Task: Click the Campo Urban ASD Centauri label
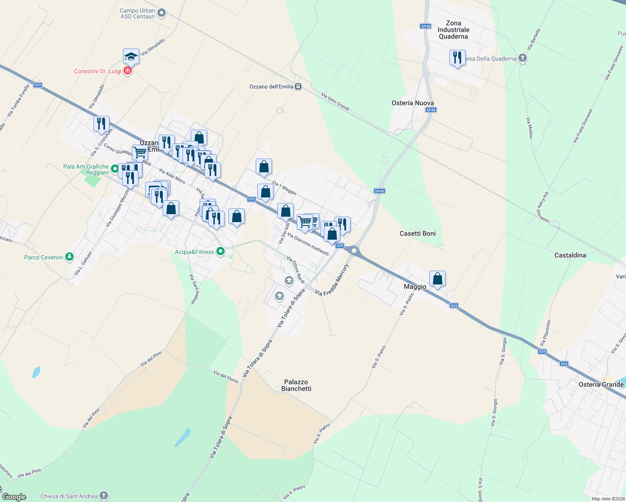pyautogui.click(x=137, y=13)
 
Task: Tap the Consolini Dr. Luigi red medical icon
pyautogui.click(x=128, y=71)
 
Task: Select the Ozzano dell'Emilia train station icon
pyautogui.click(x=298, y=87)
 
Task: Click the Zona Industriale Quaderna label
pyautogui.click(x=454, y=30)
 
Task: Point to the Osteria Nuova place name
pyautogui.click(x=413, y=103)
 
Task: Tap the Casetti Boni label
pyautogui.click(x=418, y=233)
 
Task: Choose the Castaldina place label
pyautogui.click(x=570, y=255)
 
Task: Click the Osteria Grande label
pyautogui.click(x=601, y=384)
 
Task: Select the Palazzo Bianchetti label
pyautogui.click(x=296, y=385)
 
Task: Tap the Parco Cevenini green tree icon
pyautogui.click(x=69, y=257)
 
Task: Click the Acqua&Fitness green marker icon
pyautogui.click(x=221, y=252)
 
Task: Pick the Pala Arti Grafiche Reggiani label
pyautogui.click(x=86, y=169)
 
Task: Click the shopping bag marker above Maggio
pyautogui.click(x=437, y=279)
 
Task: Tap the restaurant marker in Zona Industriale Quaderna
pyautogui.click(x=457, y=58)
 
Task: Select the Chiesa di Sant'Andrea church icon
pyautogui.click(x=103, y=496)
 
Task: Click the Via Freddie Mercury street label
pyautogui.click(x=332, y=280)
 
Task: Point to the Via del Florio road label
pyautogui.click(x=226, y=376)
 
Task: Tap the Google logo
pyautogui.click(x=14, y=497)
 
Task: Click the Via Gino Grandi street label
pyautogui.click(x=335, y=102)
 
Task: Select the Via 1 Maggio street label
pyautogui.click(x=285, y=188)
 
